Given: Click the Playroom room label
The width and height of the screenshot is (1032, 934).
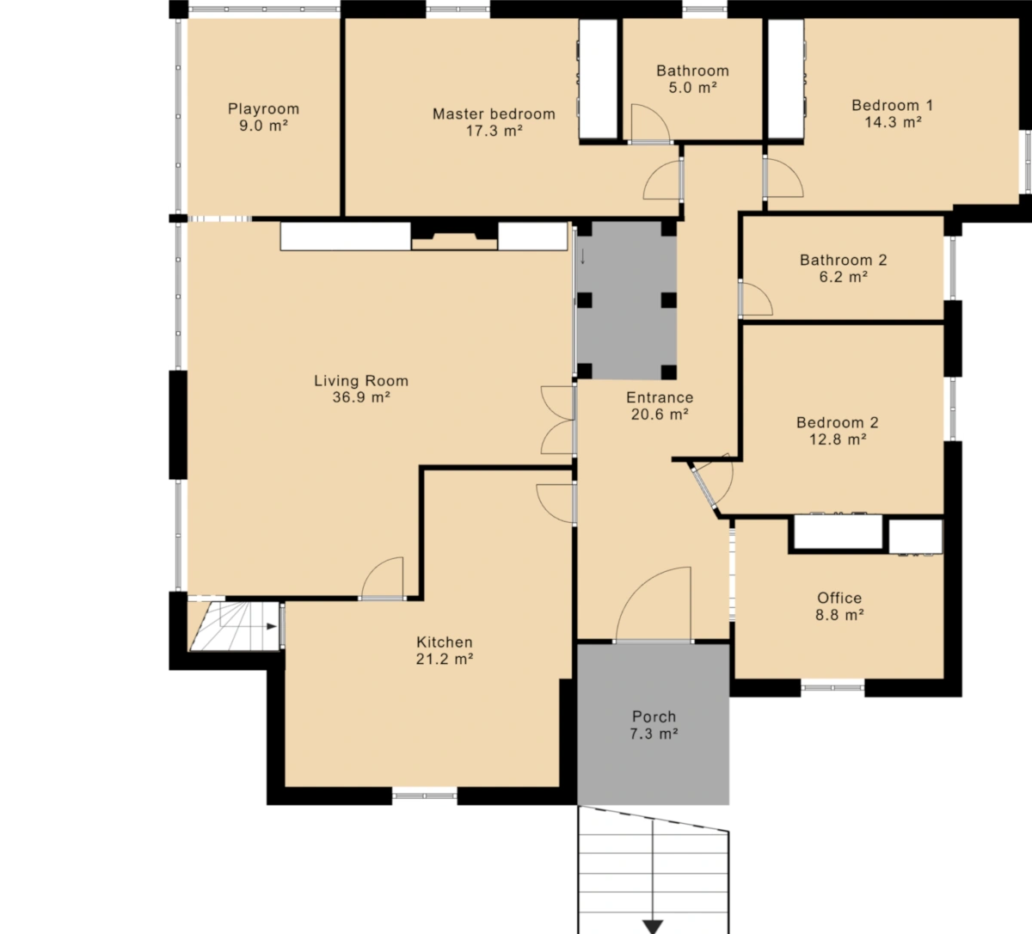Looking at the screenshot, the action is tap(263, 109).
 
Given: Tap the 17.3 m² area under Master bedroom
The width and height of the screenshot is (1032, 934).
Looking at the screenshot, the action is tap(494, 132).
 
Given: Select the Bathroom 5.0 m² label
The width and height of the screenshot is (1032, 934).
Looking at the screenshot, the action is tap(692, 79).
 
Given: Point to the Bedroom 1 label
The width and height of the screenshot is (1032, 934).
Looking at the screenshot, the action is tap(892, 106).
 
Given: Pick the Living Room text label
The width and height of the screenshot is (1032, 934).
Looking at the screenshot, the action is tap(361, 381).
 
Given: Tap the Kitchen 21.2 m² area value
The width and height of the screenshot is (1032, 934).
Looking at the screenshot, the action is tap(445, 659).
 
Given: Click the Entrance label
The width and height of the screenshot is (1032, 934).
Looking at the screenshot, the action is tap(660, 397).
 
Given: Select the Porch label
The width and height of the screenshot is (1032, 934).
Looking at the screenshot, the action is tap(654, 716).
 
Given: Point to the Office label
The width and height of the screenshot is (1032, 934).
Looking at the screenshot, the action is tap(839, 598).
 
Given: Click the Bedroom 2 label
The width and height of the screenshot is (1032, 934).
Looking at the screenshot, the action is tap(838, 422).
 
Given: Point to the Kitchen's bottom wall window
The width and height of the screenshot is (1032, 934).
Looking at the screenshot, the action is tap(425, 796).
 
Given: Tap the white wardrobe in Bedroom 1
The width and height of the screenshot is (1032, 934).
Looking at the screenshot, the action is tap(786, 79).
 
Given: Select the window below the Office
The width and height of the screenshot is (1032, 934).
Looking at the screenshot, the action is tap(832, 687).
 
